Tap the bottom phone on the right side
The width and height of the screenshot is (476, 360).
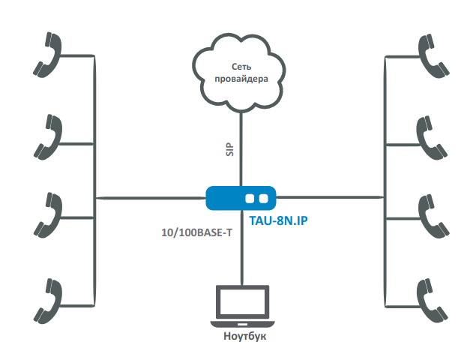(x=431, y=298)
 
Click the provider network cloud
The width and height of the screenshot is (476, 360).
(x=240, y=71)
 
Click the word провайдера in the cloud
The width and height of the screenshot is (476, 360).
(x=241, y=79)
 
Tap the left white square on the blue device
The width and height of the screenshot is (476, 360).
(x=250, y=199)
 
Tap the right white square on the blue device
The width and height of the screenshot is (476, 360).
(x=264, y=199)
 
